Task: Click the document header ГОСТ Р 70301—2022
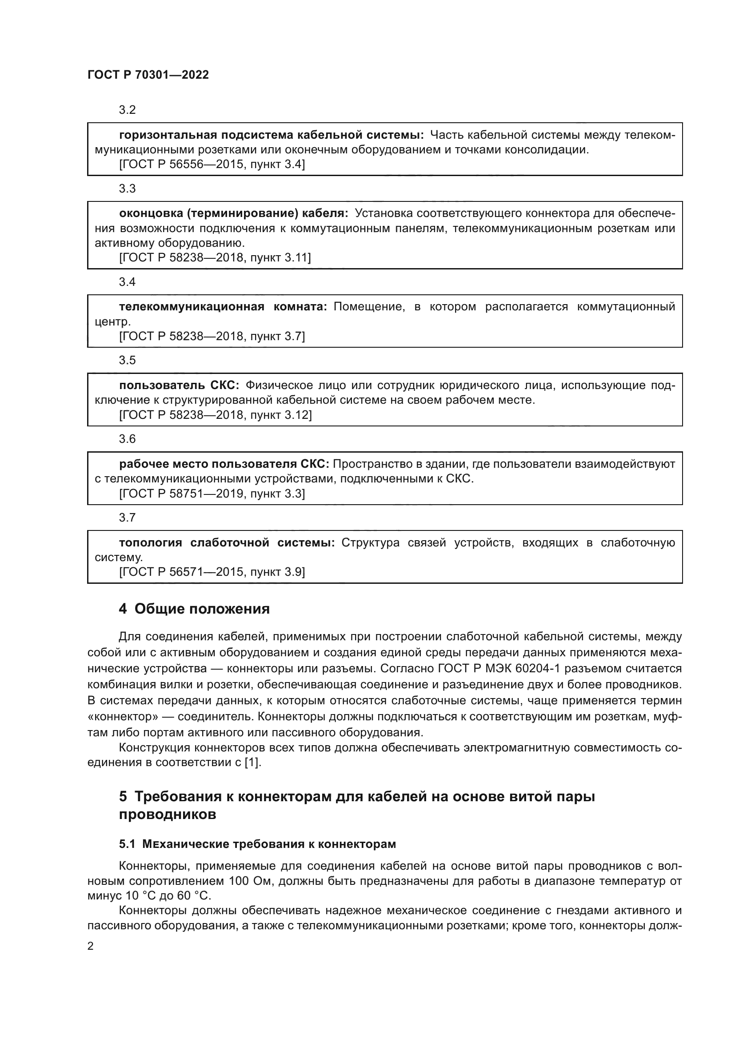click(148, 75)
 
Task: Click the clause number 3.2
click(127, 110)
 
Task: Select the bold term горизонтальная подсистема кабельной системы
click(271, 135)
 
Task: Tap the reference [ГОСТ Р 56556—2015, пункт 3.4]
click(212, 165)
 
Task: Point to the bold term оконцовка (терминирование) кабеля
click(234, 213)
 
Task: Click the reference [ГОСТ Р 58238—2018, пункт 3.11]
click(215, 258)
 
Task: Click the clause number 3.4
click(127, 282)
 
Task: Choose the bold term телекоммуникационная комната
click(223, 307)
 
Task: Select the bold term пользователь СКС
click(179, 385)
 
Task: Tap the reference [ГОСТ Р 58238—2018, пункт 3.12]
click(215, 415)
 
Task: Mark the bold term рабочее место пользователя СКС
click(224, 464)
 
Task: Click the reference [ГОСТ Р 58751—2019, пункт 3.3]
click(212, 493)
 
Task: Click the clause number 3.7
click(127, 517)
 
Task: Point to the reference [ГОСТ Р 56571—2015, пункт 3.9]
click(212, 572)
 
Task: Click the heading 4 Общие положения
click(194, 609)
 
